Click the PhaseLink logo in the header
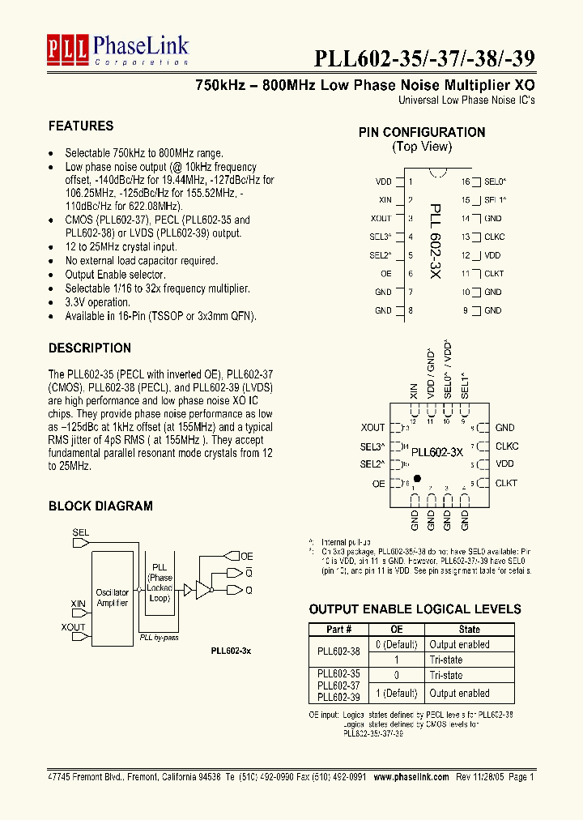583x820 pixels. click(117, 49)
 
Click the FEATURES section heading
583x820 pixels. click(81, 126)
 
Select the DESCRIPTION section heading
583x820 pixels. click(90, 348)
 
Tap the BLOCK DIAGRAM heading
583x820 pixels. click(100, 506)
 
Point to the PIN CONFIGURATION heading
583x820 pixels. click(422, 132)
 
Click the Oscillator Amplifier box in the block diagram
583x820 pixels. click(112, 598)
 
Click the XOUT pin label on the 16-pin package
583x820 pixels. click(381, 219)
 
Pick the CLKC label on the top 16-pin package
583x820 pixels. click(493, 237)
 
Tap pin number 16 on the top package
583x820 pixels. click(466, 182)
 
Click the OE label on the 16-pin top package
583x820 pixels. click(385, 274)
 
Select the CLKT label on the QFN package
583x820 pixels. click(506, 483)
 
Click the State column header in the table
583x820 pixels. click(469, 629)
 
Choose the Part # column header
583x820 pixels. click(338, 629)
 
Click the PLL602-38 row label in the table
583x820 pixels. click(338, 651)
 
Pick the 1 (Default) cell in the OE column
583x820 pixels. click(396, 694)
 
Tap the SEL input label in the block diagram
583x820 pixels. click(81, 532)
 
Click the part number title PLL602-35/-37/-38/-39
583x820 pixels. click(424, 59)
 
